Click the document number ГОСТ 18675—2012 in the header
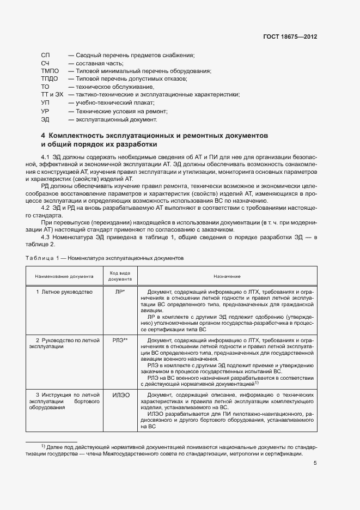(289, 38)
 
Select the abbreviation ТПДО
(50, 79)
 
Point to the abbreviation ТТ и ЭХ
(52, 95)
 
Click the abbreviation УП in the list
(45, 103)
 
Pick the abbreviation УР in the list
(45, 111)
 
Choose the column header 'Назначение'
(228, 277)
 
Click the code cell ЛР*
(120, 292)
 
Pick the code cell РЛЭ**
(120, 341)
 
